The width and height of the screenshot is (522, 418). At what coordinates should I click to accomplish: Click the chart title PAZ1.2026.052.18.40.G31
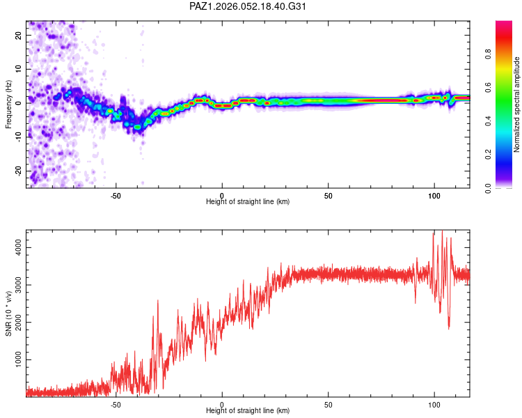click(x=248, y=6)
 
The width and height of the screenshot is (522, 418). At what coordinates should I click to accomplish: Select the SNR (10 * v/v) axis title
click(x=8, y=314)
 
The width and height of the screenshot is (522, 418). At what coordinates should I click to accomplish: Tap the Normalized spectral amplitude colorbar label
click(x=516, y=104)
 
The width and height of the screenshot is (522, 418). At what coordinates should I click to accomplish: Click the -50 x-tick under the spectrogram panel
click(x=116, y=195)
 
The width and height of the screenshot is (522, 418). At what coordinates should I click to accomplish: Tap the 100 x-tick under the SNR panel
click(x=434, y=405)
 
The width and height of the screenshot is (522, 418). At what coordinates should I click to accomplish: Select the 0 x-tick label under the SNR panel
click(x=222, y=405)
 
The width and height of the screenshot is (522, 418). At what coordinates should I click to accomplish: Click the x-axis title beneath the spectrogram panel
click(x=248, y=202)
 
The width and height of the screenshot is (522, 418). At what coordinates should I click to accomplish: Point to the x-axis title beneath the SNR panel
click(x=248, y=412)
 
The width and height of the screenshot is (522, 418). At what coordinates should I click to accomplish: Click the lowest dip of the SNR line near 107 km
click(x=449, y=328)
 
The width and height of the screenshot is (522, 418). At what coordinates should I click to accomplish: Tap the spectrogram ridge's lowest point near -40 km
click(x=138, y=127)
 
